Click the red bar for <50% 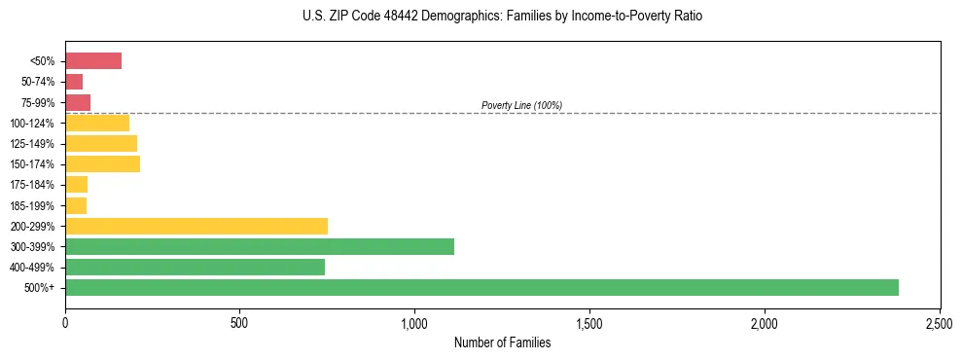pyautogui.click(x=93, y=61)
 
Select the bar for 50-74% pyautogui.click(x=74, y=82)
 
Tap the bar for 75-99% pyautogui.click(x=78, y=102)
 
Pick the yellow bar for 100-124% pyautogui.click(x=97, y=123)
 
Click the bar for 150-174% pyautogui.click(x=102, y=164)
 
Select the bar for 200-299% pyautogui.click(x=196, y=226)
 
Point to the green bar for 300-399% pyautogui.click(x=260, y=246)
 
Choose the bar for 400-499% pyautogui.click(x=195, y=267)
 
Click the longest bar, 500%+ pyautogui.click(x=481, y=287)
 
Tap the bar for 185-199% pyautogui.click(x=76, y=205)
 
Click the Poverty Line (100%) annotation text pyautogui.click(x=521, y=105)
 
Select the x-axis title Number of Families pyautogui.click(x=502, y=342)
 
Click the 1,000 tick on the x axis pyautogui.click(x=414, y=320)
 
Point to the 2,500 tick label pyautogui.click(x=939, y=320)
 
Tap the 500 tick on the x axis pyautogui.click(x=240, y=320)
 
